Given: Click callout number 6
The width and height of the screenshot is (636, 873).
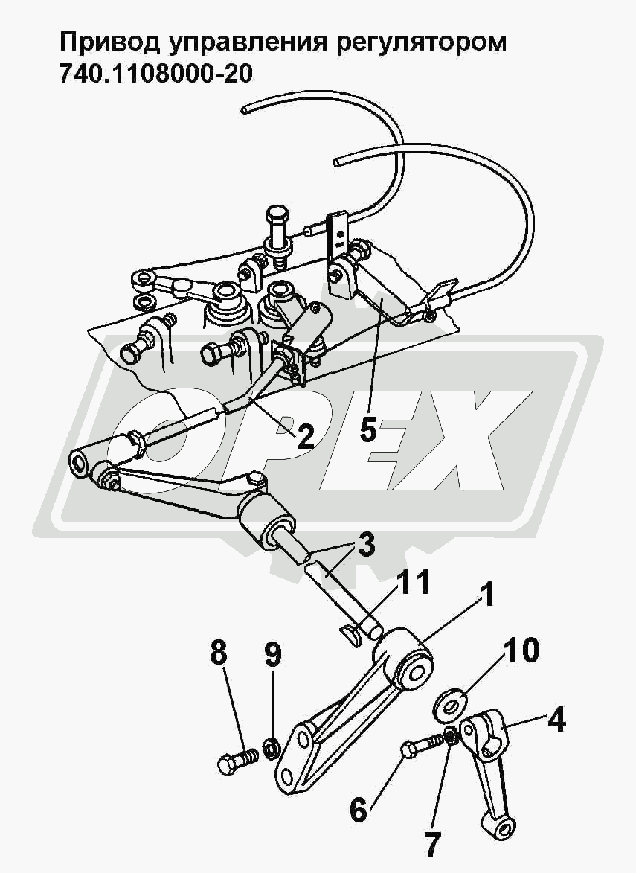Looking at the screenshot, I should point(359,809).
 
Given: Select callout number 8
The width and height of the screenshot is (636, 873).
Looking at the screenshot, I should point(218,654).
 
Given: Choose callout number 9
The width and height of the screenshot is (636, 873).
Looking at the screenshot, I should point(273,655).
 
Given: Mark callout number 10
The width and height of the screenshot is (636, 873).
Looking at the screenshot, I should point(521,651).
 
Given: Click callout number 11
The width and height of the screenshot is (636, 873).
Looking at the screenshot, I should point(414,583).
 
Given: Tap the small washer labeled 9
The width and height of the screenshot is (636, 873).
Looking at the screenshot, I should point(272,745).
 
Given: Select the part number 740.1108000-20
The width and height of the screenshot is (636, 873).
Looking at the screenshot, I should point(156,75).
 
